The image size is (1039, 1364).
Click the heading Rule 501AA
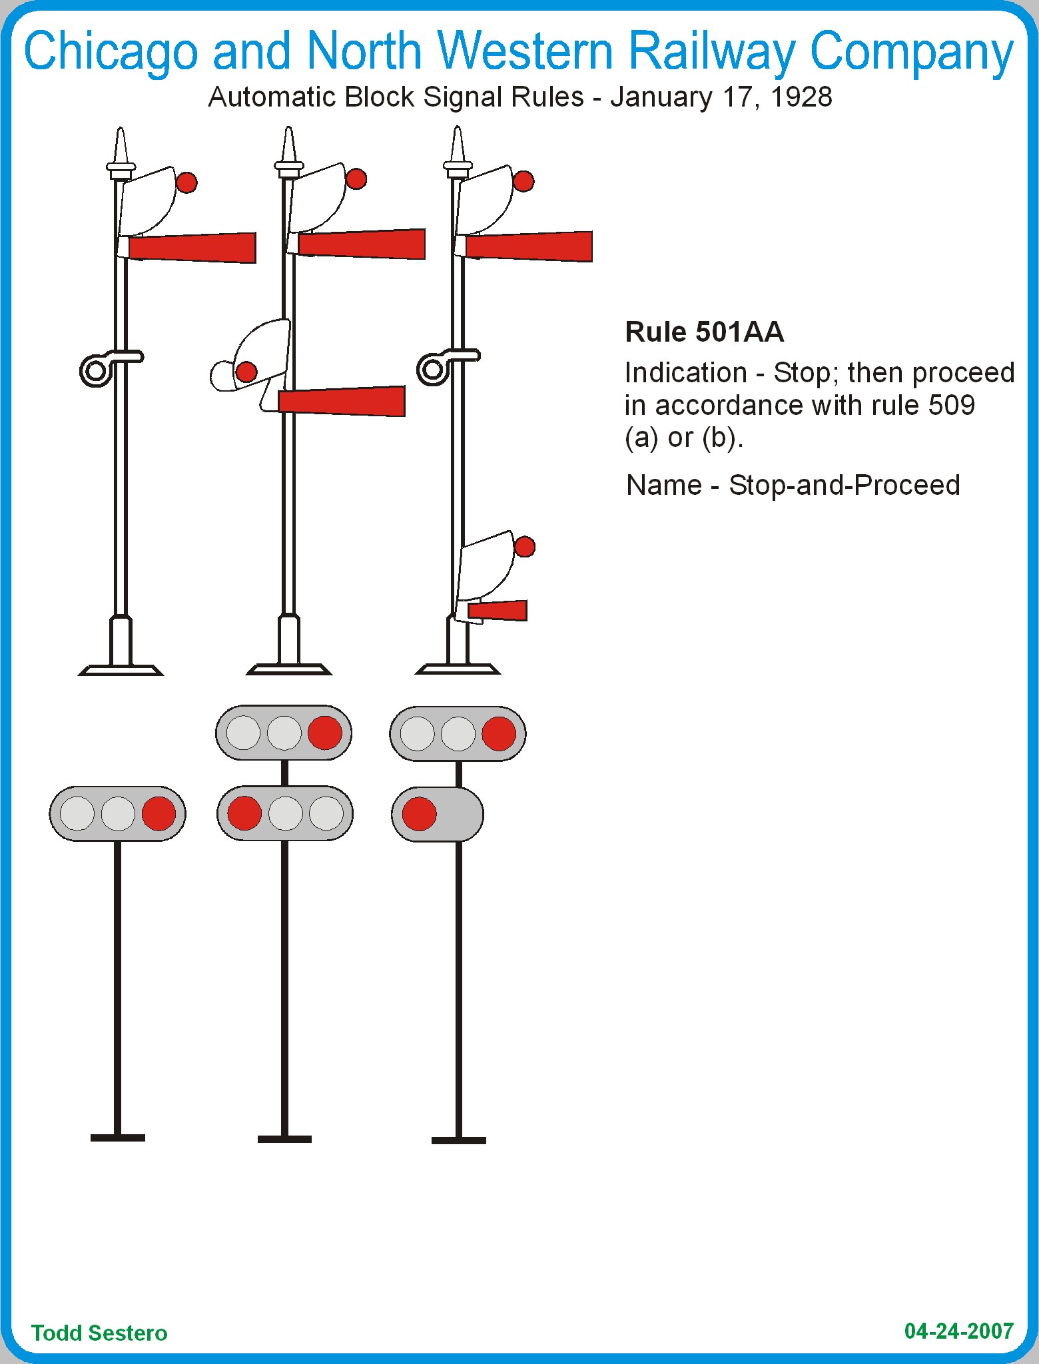click(704, 332)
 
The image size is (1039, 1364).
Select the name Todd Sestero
click(99, 1333)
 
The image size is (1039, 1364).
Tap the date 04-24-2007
click(958, 1331)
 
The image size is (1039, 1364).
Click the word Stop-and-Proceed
click(844, 485)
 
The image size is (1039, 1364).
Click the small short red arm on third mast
click(498, 610)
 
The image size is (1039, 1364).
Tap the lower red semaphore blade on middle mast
click(342, 401)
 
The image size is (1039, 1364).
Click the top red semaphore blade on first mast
click(192, 248)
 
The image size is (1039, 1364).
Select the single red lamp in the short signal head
click(419, 814)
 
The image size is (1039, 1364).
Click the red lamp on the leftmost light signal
click(159, 813)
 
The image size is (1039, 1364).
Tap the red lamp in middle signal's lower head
click(244, 813)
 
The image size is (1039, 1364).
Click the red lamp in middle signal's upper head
click(325, 733)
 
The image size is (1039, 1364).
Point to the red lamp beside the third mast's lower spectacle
click(525, 547)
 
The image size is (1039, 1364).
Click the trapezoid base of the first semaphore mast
click(121, 670)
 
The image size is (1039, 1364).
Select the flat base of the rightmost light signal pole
click(458, 1140)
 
